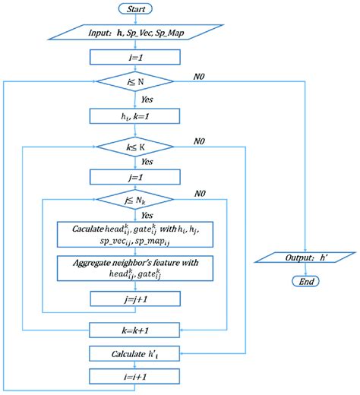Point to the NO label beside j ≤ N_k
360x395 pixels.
tap(200, 195)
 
